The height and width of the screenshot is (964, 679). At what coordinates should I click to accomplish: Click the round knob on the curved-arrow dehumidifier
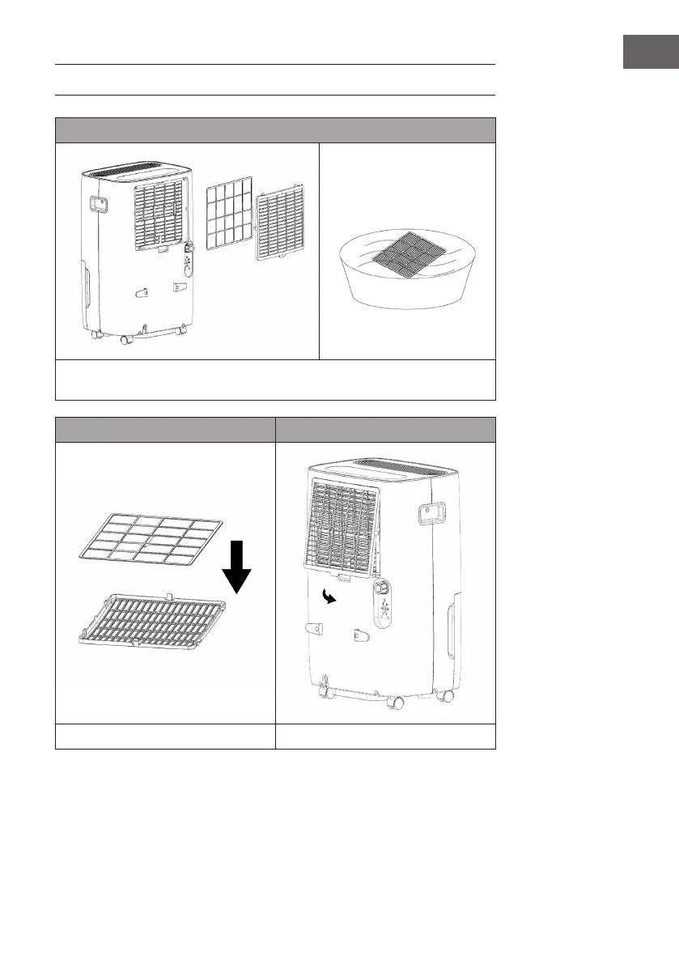[x=380, y=588]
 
